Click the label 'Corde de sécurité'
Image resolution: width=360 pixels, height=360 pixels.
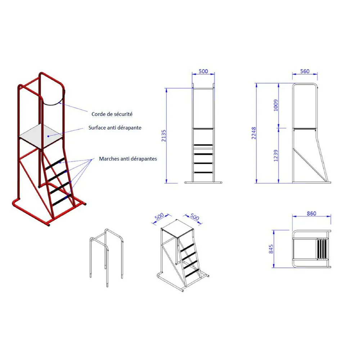click(112, 114)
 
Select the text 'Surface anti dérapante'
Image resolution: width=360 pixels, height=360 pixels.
click(115, 128)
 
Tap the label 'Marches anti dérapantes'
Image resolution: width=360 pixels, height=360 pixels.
click(128, 159)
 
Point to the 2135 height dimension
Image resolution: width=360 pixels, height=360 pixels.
click(163, 135)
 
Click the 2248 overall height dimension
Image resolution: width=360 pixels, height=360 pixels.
click(253, 133)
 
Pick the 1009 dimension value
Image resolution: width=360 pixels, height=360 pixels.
click(276, 105)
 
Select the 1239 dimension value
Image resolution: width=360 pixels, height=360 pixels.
click(276, 156)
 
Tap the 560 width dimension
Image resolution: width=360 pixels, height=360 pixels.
click(305, 71)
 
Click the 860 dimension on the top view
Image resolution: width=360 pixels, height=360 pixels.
click(311, 213)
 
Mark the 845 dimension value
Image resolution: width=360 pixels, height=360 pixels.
click(271, 249)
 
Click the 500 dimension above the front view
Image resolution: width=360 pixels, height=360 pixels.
click(203, 71)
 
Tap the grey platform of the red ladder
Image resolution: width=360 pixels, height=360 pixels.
click(41, 137)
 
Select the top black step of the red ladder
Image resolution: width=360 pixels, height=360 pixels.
click(55, 164)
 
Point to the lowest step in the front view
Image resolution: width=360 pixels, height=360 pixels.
click(203, 172)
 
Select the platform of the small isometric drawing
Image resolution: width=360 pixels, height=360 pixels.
click(177, 228)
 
